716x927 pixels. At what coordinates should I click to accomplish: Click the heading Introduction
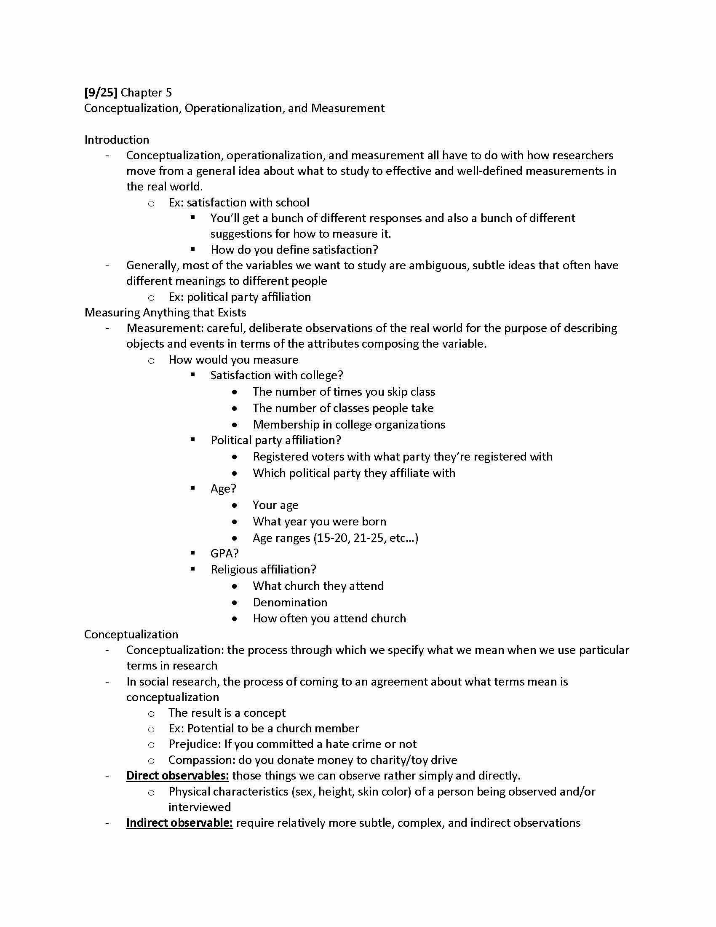[117, 139]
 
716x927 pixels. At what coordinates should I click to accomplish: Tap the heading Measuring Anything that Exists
[165, 312]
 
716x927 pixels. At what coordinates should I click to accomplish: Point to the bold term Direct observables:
[177, 775]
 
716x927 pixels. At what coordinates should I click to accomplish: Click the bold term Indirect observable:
[179, 823]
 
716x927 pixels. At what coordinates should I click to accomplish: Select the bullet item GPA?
[224, 554]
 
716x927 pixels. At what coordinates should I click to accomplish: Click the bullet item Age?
[223, 488]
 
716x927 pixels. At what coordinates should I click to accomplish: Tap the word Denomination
[290, 602]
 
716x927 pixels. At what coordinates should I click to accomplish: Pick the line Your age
[275, 505]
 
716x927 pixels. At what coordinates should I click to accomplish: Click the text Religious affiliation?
[263, 570]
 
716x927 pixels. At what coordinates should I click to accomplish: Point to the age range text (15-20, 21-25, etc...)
[366, 538]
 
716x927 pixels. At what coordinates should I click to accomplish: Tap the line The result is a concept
[227, 713]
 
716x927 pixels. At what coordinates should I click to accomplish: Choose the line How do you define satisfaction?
[294, 249]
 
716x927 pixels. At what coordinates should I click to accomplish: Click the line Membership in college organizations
[349, 424]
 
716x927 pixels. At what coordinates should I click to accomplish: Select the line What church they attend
[318, 586]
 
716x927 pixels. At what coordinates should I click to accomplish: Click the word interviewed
[199, 807]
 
